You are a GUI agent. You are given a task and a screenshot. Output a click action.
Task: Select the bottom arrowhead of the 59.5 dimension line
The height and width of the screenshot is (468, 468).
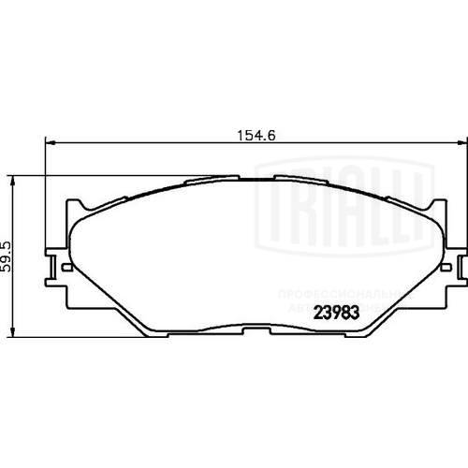pos(13,331)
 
